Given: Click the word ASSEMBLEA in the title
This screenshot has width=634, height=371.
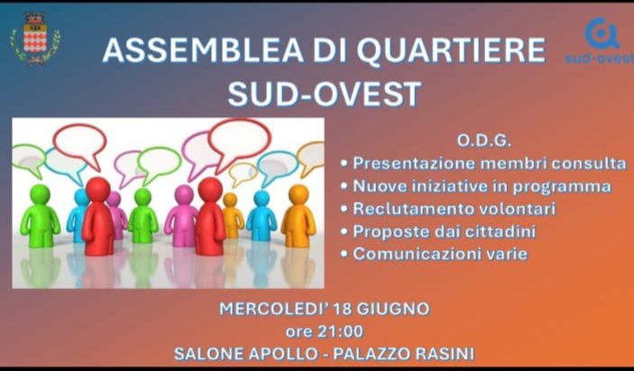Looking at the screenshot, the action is click(203, 50).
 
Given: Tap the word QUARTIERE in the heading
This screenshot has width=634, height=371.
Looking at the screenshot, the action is click(451, 51).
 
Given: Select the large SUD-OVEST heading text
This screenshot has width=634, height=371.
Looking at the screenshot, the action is click(325, 94).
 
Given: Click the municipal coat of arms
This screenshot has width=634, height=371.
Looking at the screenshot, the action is click(35, 39).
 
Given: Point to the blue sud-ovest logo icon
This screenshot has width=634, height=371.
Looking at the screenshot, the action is click(602, 33).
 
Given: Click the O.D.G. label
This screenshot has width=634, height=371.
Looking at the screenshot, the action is click(484, 140).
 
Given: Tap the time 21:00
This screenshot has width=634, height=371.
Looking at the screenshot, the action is click(341, 331).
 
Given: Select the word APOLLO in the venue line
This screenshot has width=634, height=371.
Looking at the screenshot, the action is click(283, 354).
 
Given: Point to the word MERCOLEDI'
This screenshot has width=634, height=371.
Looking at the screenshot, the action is click(273, 309).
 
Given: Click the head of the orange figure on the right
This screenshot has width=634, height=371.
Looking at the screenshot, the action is click(299, 195).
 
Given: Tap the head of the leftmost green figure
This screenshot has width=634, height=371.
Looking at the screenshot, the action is click(40, 195).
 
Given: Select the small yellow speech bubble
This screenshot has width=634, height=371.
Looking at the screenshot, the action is click(242, 173).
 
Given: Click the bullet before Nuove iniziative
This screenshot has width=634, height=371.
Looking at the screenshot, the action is click(345, 186).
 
